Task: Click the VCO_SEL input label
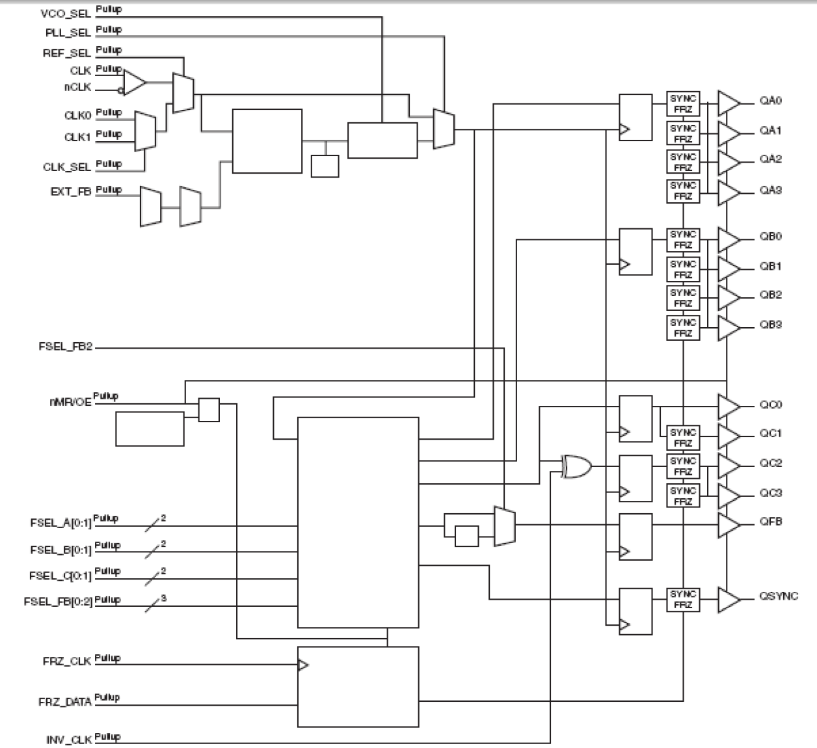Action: [66, 14]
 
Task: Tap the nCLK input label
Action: [77, 87]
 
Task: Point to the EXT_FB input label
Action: [70, 192]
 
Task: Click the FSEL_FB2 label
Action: [65, 347]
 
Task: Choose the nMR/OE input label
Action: [70, 402]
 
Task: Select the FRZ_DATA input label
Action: [64, 702]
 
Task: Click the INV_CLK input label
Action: [69, 740]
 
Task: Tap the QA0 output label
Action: [770, 101]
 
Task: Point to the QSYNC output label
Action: [778, 596]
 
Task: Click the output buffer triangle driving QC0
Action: [728, 407]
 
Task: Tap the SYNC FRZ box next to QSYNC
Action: [683, 600]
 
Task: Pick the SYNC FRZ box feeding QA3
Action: [683, 191]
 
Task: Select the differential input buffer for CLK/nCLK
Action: [135, 83]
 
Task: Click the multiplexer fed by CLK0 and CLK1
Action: [145, 131]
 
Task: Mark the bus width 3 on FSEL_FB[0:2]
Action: [163, 598]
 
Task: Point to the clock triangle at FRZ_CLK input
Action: [302, 665]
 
